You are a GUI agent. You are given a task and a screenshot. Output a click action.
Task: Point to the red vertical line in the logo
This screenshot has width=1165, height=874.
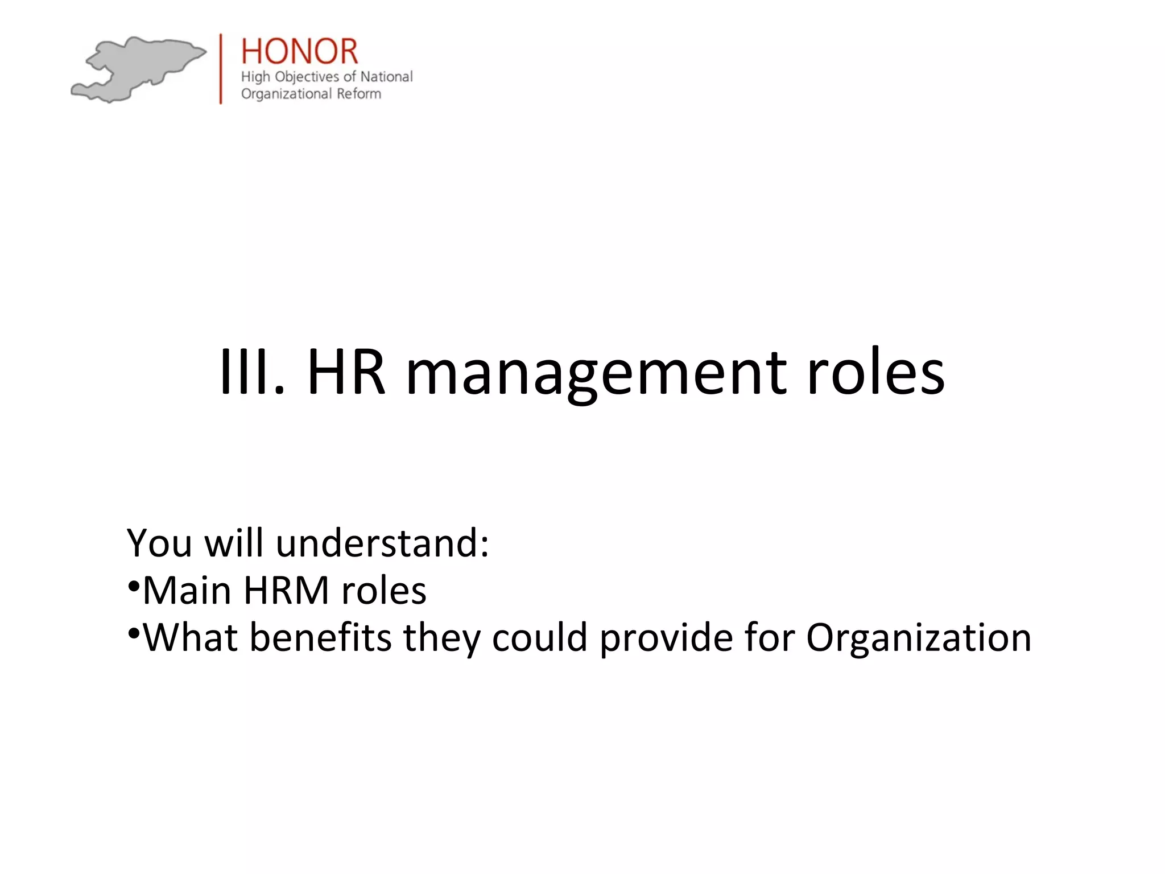coord(221,69)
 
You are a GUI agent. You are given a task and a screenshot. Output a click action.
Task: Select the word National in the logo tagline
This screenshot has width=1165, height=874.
coord(386,76)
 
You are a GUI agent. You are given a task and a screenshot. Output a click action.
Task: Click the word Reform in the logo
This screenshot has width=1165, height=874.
coord(359,93)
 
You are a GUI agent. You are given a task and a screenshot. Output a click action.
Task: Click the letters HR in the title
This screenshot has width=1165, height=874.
coord(346,373)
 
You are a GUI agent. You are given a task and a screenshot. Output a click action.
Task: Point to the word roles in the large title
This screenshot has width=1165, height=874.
coord(876,373)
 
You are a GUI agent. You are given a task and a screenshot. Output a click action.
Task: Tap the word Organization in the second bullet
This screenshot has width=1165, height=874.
coord(919,639)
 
